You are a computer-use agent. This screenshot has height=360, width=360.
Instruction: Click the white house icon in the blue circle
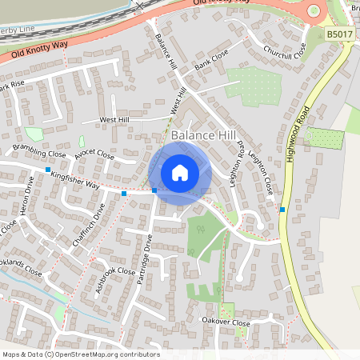180,172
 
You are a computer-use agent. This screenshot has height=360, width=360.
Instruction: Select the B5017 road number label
339,34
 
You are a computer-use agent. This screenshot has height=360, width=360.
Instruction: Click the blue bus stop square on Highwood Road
282,210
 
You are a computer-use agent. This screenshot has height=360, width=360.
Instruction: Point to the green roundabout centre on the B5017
313,10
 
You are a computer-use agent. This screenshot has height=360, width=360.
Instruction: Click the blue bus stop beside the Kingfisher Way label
48,170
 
